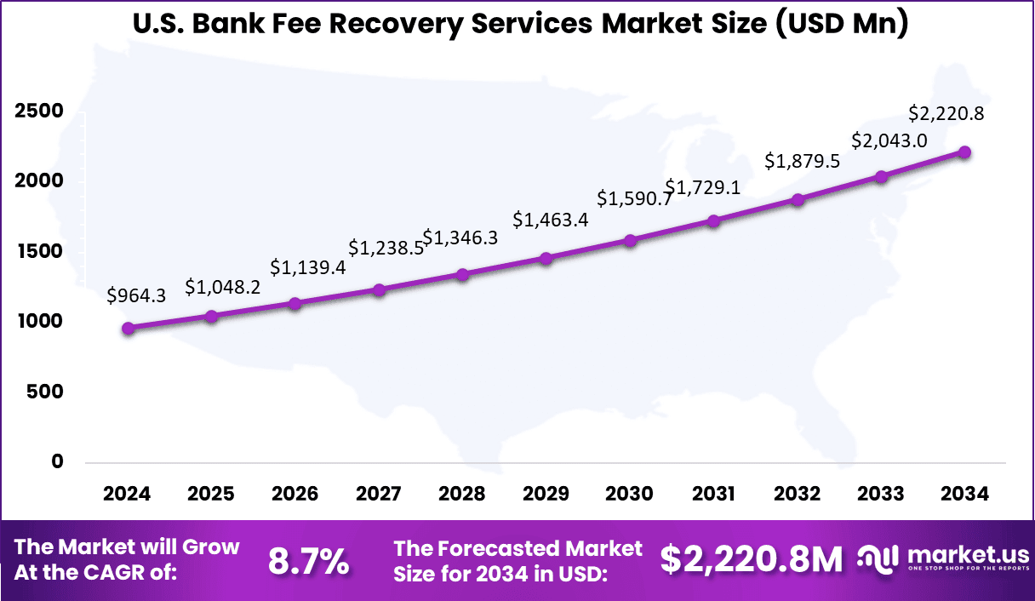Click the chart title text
pyautogui.click(x=520, y=25)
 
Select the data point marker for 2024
pyautogui.click(x=129, y=329)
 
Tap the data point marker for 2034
pyautogui.click(x=964, y=152)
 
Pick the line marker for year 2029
pyautogui.click(x=546, y=258)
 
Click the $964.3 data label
pyautogui.click(x=136, y=295)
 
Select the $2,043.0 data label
pyautogui.click(x=889, y=140)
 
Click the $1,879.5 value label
pyautogui.click(x=803, y=161)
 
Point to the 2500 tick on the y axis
pyautogui.click(x=38, y=112)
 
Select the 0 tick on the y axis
pyautogui.click(x=58, y=461)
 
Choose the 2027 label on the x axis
pyautogui.click(x=379, y=495)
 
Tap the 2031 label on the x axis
pyautogui.click(x=713, y=495)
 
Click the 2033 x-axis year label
pyautogui.click(x=881, y=495)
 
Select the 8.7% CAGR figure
pyautogui.click(x=308, y=560)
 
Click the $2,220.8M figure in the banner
pyautogui.click(x=752, y=559)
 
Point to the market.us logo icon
pyautogui.click(x=878, y=558)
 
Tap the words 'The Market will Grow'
pyautogui.click(x=128, y=547)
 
